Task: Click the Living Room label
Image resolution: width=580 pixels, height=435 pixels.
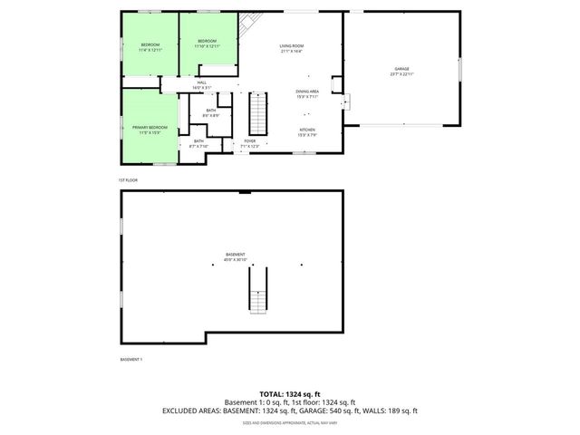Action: click(291, 45)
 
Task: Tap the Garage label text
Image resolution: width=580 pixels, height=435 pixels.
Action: click(401, 69)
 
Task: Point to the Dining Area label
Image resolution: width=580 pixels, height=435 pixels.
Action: click(307, 92)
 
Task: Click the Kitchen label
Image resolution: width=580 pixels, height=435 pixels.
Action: click(307, 130)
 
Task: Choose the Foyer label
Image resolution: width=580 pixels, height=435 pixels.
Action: click(250, 141)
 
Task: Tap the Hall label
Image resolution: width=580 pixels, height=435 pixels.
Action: click(202, 82)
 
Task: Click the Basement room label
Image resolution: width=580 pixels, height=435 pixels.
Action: click(235, 254)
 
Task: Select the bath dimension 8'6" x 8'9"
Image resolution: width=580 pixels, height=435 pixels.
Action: click(210, 116)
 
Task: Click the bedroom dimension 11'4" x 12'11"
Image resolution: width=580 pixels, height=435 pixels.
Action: click(150, 50)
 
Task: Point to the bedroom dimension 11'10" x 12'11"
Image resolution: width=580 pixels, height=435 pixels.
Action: click(208, 45)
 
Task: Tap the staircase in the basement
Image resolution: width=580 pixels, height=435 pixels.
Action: click(259, 292)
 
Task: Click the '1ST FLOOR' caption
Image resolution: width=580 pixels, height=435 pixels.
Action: click(127, 179)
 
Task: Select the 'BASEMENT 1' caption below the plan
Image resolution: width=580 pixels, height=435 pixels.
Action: click(131, 360)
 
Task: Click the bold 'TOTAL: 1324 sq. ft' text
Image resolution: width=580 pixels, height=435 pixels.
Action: click(290, 394)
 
